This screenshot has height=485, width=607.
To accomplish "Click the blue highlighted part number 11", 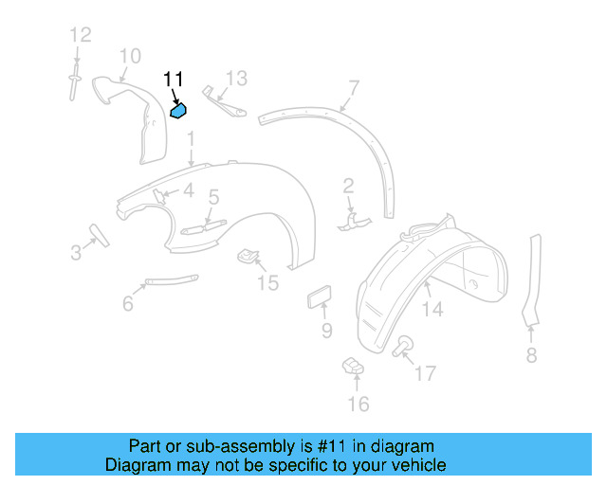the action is pyautogui.click(x=178, y=111).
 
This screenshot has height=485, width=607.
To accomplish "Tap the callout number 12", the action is pyautogui.click(x=80, y=35).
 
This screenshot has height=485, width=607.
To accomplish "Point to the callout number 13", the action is pyautogui.click(x=235, y=77).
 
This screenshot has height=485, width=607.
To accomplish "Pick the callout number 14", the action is pyautogui.click(x=432, y=309).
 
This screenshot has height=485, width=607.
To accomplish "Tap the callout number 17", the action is pyautogui.click(x=425, y=373).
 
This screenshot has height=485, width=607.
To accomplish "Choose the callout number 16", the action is pyautogui.click(x=357, y=404).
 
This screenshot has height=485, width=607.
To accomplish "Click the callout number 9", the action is pyautogui.click(x=326, y=331).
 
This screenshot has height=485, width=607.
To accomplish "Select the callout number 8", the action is pyautogui.click(x=531, y=355).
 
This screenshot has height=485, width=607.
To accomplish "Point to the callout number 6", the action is pyautogui.click(x=127, y=304).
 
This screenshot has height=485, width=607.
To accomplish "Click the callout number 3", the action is pyautogui.click(x=76, y=252).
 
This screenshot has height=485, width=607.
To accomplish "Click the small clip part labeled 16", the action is pyautogui.click(x=352, y=365).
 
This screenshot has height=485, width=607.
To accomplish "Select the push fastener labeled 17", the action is pyautogui.click(x=402, y=345).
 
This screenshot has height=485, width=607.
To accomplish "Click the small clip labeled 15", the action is pyautogui.click(x=248, y=255).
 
